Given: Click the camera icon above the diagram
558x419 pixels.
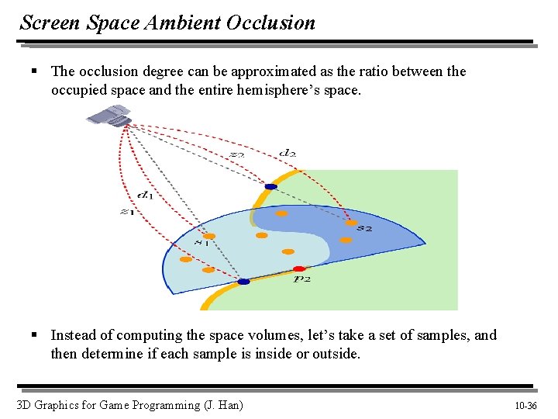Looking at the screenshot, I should pyautogui.click(x=109, y=116).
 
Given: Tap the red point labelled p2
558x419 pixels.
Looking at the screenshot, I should pyautogui.click(x=299, y=268).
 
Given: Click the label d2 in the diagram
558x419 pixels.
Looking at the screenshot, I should pyautogui.click(x=288, y=154).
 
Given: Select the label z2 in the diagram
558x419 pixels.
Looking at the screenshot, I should pyautogui.click(x=237, y=154).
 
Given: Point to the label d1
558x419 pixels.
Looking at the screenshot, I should pyautogui.click(x=144, y=195).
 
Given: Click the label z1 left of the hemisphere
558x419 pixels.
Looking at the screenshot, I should pyautogui.click(x=126, y=211).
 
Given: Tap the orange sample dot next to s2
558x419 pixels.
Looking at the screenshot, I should pyautogui.click(x=351, y=223).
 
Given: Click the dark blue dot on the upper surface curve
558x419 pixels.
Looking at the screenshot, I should pyautogui.click(x=270, y=187).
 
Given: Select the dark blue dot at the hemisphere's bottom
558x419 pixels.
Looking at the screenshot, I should pyautogui.click(x=243, y=282).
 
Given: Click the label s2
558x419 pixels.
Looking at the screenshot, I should pyautogui.click(x=364, y=229).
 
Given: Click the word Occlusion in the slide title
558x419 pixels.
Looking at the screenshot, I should pyautogui.click(x=270, y=23).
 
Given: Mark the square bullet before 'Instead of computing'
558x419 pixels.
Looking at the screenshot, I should pyautogui.click(x=34, y=336).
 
